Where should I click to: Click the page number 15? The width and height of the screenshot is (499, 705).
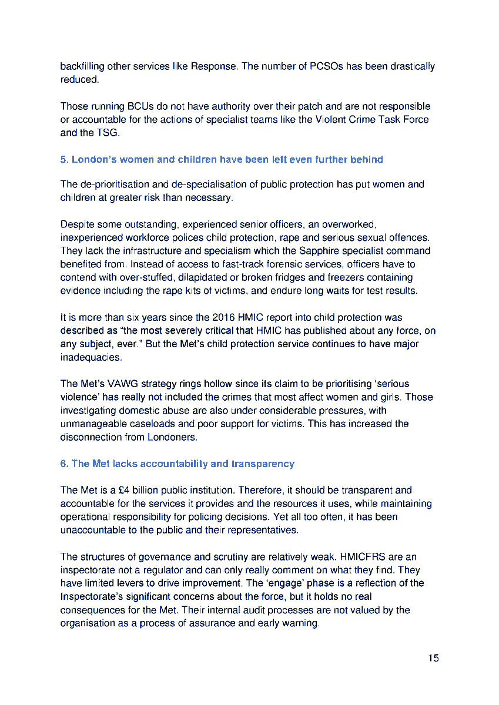[x=433, y=657]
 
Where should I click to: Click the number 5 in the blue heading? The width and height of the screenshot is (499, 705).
[x=63, y=159]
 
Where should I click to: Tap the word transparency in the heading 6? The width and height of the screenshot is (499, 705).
[x=262, y=464]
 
